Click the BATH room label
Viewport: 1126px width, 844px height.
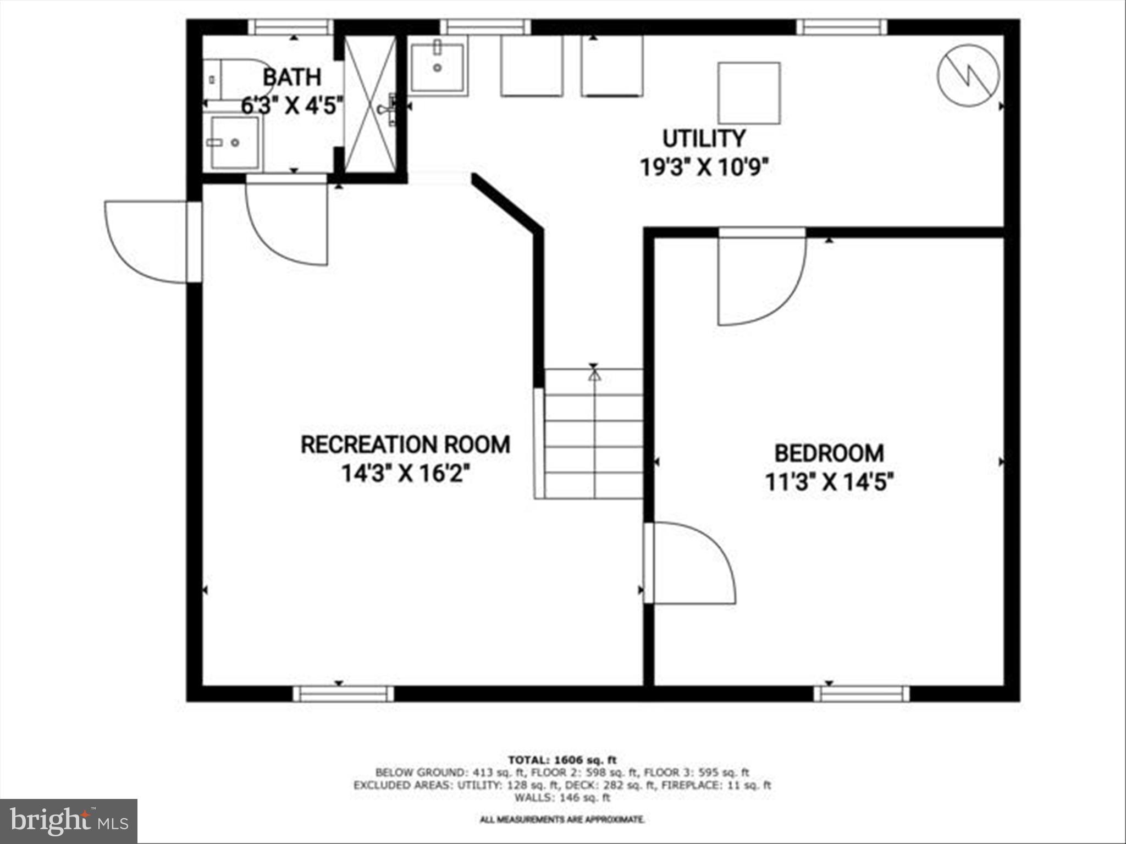pos(292,77)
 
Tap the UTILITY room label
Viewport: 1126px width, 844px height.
pos(704,138)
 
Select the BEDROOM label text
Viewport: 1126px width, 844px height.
pos(829,453)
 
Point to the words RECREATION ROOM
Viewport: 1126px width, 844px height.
pos(405,445)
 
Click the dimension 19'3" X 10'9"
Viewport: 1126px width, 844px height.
pos(704,166)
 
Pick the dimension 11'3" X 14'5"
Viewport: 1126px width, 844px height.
pos(829,482)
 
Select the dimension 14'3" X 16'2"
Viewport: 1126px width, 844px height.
pos(405,473)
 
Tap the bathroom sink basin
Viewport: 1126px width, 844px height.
pos(235,142)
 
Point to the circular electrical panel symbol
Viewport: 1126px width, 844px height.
pos(968,75)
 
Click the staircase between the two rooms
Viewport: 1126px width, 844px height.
pos(594,434)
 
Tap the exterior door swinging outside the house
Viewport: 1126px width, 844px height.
pos(148,242)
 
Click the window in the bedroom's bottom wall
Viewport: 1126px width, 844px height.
pos(862,694)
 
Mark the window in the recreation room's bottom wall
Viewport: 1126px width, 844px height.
pos(343,694)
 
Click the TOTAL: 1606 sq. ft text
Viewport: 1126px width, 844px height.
pos(562,760)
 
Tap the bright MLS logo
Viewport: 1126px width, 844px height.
pos(69,821)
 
